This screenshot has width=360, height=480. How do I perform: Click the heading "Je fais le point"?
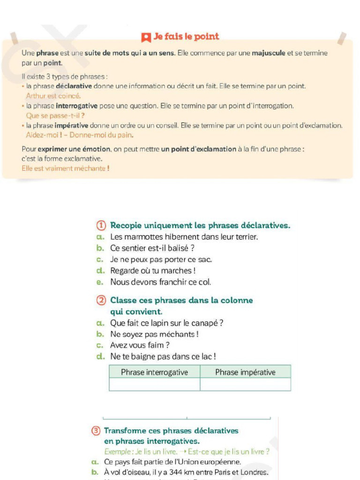coord(186,37)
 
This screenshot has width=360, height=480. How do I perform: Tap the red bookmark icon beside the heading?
coord(146,37)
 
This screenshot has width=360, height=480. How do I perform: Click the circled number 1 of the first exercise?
coord(101,225)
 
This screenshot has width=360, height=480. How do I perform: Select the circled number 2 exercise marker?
coord(101,300)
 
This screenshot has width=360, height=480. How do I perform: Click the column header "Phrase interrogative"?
coord(154,372)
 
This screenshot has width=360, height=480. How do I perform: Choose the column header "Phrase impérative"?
coord(245,372)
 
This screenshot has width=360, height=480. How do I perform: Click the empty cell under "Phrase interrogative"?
coord(154,384)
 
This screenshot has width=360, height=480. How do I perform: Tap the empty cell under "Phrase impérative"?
coord(245,384)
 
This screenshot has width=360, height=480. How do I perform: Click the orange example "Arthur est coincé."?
coord(53,96)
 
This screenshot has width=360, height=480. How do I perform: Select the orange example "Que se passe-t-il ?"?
coord(55,115)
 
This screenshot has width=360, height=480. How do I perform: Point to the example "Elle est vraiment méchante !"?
coord(66,168)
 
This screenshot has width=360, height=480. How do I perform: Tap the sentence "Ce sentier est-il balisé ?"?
coord(152,248)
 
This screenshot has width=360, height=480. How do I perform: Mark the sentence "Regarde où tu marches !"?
coord(152,271)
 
